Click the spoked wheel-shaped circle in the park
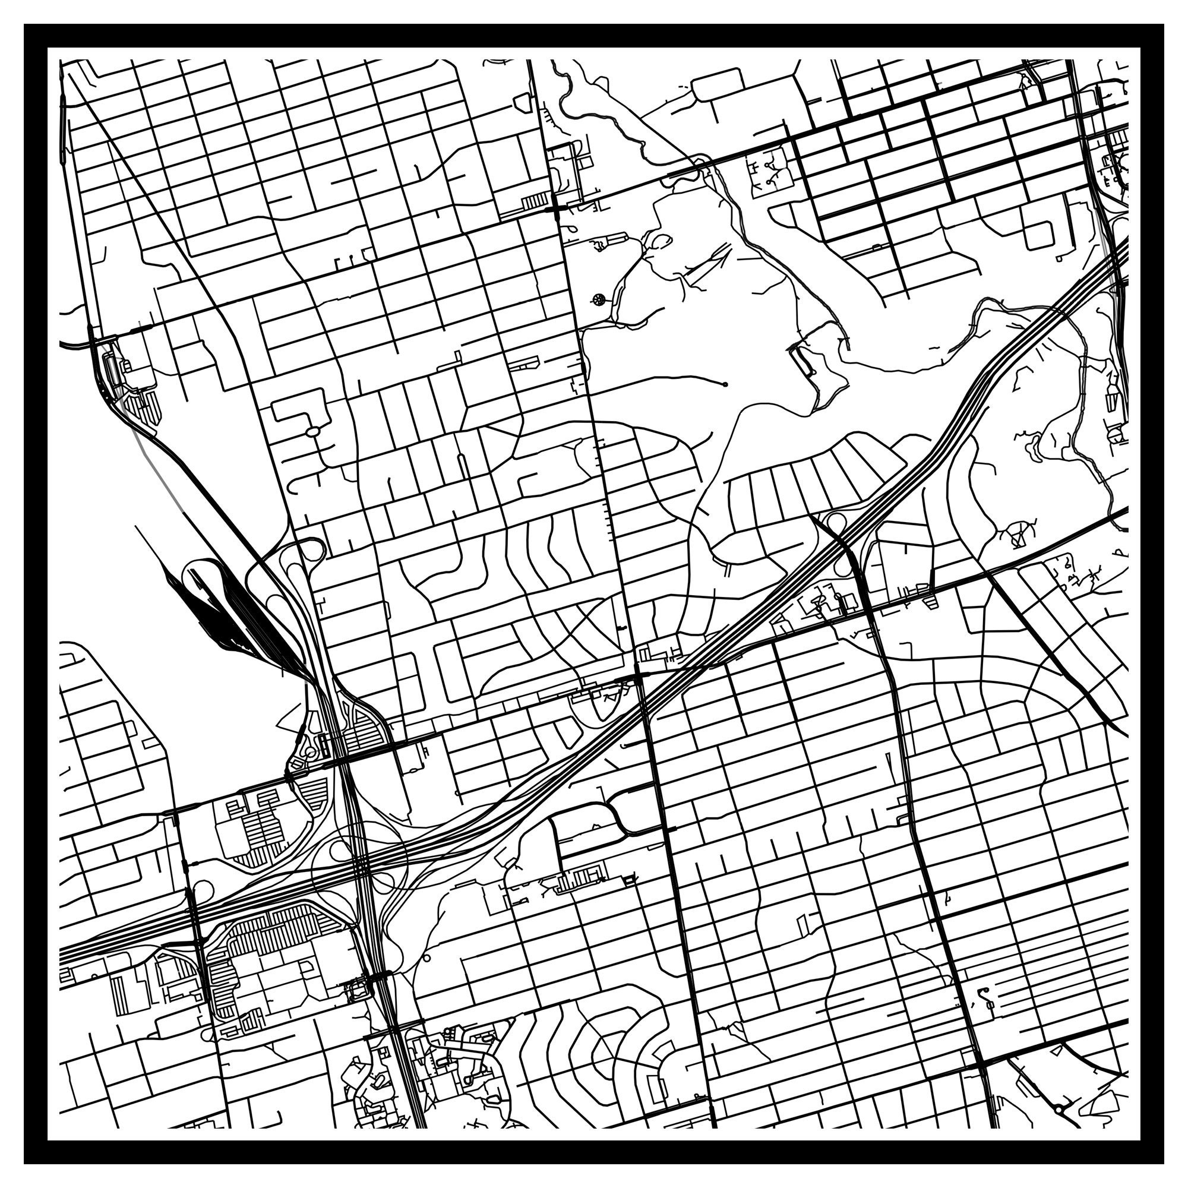point(598,300)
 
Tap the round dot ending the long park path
point(726,384)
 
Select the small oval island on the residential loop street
point(313,432)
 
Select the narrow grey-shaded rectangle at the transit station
point(111,369)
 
